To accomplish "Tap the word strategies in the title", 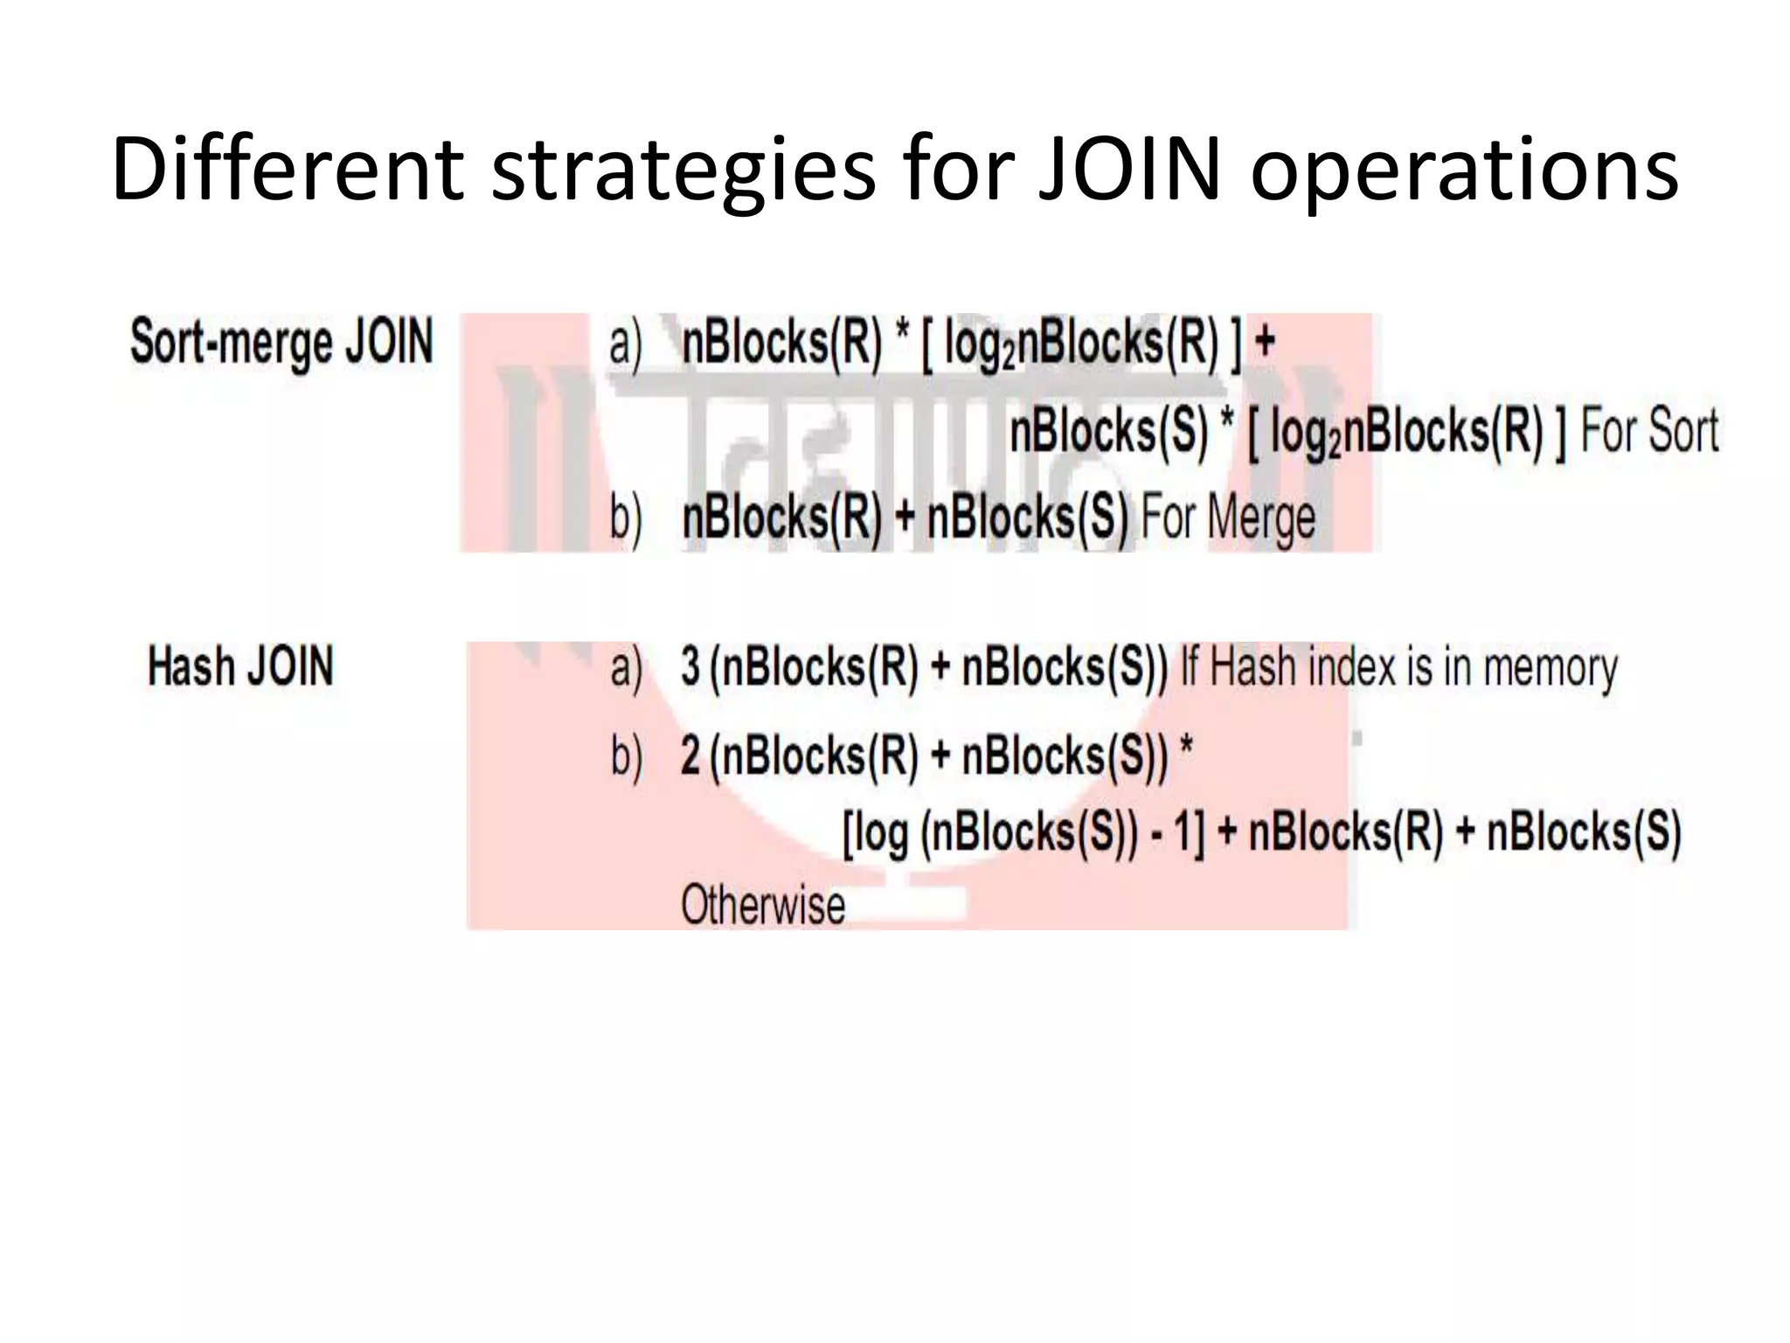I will pos(683,170).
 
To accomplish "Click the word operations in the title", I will pos(1464,170).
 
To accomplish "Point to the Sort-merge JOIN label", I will pos(281,342).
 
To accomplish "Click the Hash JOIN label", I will pos(240,666).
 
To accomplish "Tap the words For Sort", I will pos(1649,431).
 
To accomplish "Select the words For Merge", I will pos(1227,518).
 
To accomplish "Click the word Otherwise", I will pos(762,905).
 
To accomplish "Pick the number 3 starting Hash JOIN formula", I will pos(690,666).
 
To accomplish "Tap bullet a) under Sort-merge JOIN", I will pos(625,342).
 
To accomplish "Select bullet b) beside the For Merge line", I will pos(626,518).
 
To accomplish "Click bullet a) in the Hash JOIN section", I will pos(626,668).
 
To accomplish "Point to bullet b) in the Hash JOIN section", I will pos(626,755).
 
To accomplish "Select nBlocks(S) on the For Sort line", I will pos(1108,431).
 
